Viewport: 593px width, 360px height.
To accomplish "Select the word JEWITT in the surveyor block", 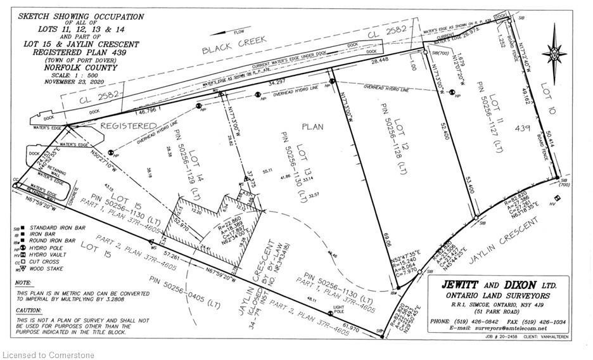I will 458,285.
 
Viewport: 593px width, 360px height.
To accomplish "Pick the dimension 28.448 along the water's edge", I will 380,61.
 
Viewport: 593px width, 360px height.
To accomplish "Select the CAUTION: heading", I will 28,310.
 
